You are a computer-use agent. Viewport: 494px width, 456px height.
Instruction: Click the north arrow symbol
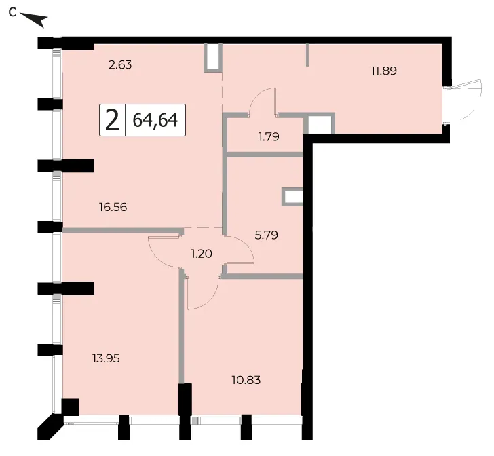pyautogui.click(x=35, y=20)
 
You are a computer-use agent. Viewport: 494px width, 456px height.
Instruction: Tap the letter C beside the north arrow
pyautogui.click(x=12, y=13)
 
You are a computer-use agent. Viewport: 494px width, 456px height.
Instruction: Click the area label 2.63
pyautogui.click(x=120, y=65)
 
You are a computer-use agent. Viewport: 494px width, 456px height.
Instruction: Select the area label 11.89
pyautogui.click(x=384, y=71)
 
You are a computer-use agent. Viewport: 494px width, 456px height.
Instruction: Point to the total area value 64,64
pyautogui.click(x=155, y=120)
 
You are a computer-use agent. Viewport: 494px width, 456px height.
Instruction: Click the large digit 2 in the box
pyautogui.click(x=113, y=120)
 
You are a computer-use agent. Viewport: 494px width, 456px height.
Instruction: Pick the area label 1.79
pyautogui.click(x=269, y=137)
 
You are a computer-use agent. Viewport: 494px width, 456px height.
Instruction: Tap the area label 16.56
pyautogui.click(x=113, y=207)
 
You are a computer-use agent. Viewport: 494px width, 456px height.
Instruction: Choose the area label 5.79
pyautogui.click(x=266, y=235)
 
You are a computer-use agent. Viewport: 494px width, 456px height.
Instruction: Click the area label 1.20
pyautogui.click(x=202, y=253)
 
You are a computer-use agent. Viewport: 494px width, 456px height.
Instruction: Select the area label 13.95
pyautogui.click(x=106, y=358)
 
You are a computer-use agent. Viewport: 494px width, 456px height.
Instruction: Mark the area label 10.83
pyautogui.click(x=246, y=380)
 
